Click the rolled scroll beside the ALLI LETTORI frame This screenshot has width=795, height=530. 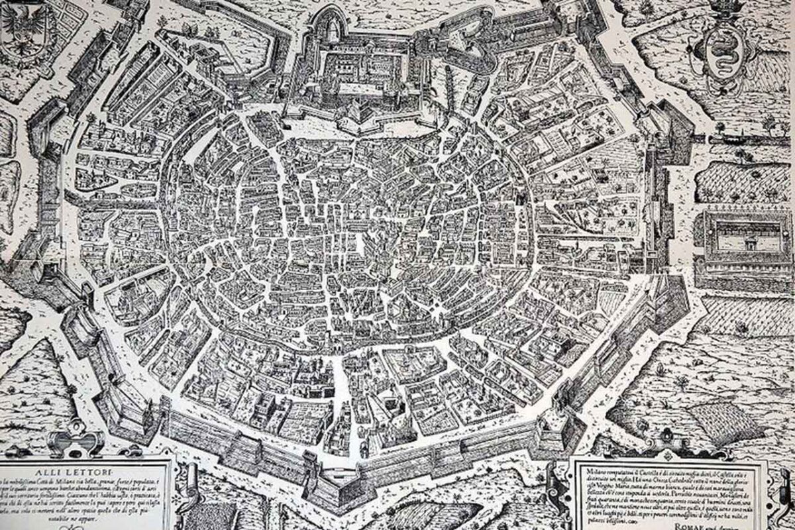click(x=189, y=484)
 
